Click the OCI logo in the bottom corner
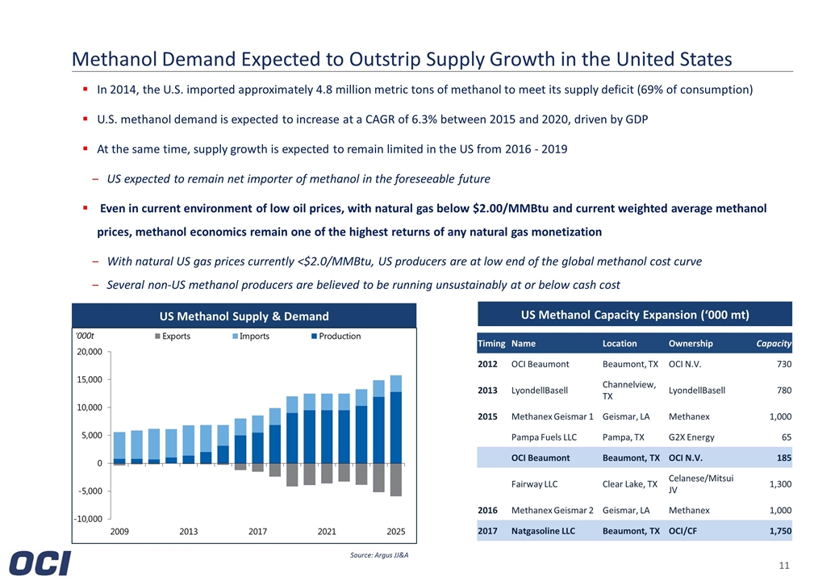point(40,562)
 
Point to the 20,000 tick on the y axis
point(89,352)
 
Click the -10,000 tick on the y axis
point(88,519)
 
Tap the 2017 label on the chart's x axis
point(257,532)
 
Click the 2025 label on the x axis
point(395,532)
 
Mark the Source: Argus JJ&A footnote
point(374,556)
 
